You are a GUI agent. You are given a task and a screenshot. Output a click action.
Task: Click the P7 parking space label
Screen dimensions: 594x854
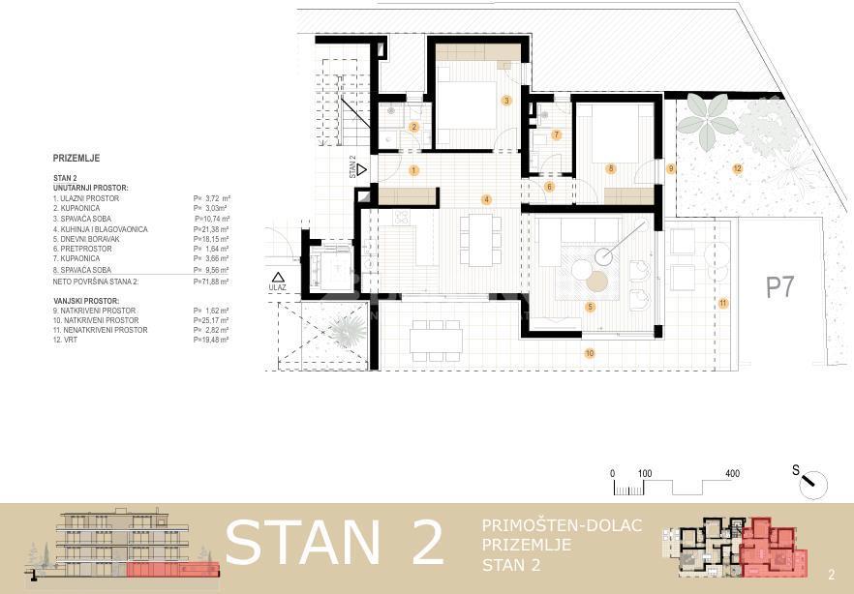780,287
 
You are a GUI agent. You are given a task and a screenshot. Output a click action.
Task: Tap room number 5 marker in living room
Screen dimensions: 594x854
590,307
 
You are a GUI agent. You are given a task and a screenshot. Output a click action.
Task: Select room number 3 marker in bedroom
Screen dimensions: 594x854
505,100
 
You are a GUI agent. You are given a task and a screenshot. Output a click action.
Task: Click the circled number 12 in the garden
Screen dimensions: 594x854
737,168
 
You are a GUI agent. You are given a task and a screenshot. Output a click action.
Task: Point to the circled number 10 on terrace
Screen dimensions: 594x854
589,354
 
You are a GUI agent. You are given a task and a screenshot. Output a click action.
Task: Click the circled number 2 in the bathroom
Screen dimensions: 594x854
413,127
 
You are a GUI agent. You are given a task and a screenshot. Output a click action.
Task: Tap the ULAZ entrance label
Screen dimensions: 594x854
278,287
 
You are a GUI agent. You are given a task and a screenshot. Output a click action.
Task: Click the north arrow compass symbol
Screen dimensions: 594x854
811,479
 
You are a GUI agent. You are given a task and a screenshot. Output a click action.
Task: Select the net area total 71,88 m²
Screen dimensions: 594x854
211,281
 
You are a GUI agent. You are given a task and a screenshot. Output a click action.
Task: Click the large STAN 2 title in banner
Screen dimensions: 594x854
334,543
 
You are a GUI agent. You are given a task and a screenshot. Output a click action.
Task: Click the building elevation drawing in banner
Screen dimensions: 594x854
121,546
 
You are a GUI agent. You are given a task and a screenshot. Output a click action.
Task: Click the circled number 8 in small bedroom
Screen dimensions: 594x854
610,168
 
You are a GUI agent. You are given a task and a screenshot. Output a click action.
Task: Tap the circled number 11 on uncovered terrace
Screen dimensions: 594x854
722,303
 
